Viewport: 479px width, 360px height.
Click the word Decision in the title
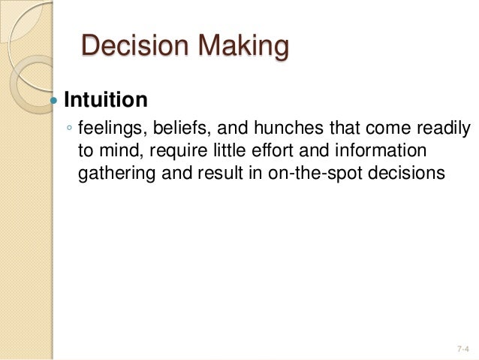pos(126,47)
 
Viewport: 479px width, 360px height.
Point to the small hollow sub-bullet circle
pos(69,129)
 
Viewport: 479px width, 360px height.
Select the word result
pos(216,173)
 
